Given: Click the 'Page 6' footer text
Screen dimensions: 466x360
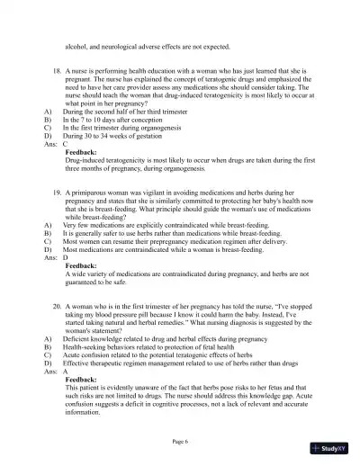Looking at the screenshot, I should click(180, 442).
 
